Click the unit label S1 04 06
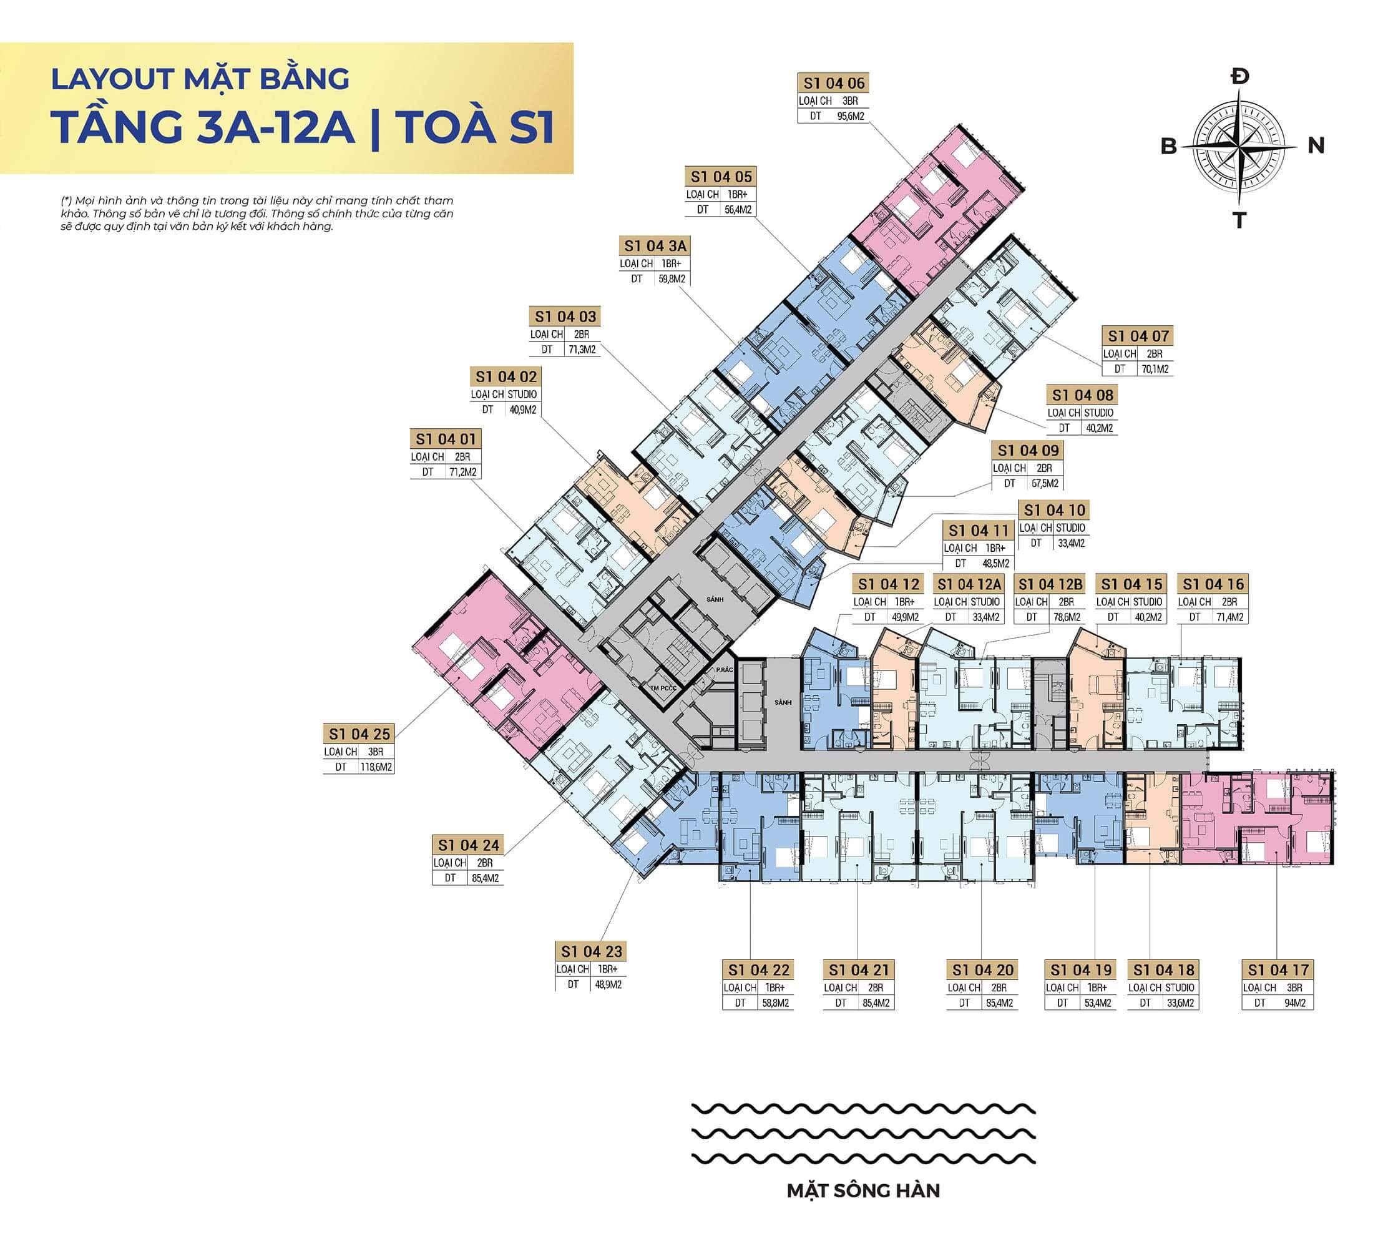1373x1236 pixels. click(833, 84)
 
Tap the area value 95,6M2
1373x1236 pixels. click(850, 116)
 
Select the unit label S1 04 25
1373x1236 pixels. click(359, 734)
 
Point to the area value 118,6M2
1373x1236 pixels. click(376, 767)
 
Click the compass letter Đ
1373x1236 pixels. click(1239, 76)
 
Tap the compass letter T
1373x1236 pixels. click(1239, 221)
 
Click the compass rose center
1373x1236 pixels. click(1239, 145)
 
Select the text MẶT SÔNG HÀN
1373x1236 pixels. click(863, 1190)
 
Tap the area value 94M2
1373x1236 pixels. click(1294, 1003)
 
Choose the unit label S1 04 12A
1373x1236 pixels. click(969, 585)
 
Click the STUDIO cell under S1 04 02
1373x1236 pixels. click(522, 395)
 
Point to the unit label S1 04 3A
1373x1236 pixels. click(655, 246)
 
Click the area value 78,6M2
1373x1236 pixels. click(1065, 617)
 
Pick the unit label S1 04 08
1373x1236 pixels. click(1082, 395)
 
